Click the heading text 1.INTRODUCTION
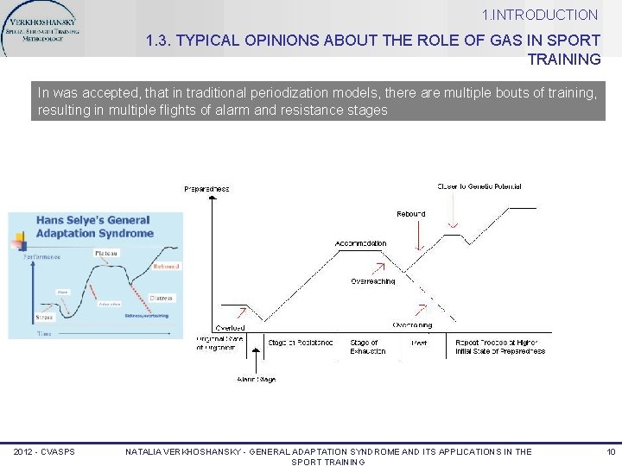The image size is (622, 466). [540, 15]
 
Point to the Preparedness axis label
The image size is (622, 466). [206, 188]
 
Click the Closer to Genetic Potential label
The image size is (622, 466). [479, 186]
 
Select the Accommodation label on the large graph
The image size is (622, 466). [360, 243]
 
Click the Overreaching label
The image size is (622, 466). [373, 280]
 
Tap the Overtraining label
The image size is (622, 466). [412, 325]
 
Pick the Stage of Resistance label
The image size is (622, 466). [300, 343]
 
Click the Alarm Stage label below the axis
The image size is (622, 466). [256, 379]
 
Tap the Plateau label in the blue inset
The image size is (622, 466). [107, 253]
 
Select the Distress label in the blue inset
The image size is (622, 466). [161, 298]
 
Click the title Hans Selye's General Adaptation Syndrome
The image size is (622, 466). [94, 226]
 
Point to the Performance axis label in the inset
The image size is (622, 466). [41, 256]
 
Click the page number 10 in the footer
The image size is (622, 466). [610, 452]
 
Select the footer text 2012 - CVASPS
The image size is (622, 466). [44, 452]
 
